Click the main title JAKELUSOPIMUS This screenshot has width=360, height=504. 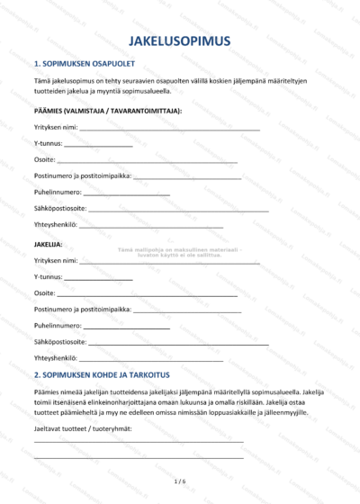point(180,41)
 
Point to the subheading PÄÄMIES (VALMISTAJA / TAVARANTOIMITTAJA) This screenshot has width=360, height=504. point(107,110)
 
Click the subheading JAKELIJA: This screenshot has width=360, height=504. point(49,244)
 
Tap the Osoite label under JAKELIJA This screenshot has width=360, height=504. point(44,293)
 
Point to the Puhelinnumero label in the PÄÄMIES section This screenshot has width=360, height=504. point(58,193)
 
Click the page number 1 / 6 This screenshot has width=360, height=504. point(180,482)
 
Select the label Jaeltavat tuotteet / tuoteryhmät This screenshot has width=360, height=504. point(83,427)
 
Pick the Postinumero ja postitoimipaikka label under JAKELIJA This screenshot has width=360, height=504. point(82,310)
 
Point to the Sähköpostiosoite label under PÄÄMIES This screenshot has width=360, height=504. point(60,209)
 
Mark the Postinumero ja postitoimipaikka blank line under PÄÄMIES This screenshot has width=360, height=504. point(187,176)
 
